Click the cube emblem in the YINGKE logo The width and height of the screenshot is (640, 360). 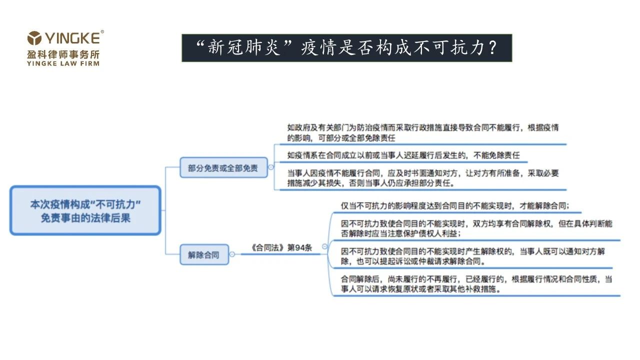(x=34, y=38)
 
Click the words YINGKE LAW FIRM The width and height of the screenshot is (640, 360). (x=63, y=63)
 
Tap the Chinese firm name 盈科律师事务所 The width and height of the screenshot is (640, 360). (x=63, y=54)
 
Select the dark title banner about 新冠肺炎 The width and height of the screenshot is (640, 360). (x=346, y=47)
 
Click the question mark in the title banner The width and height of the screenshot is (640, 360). (x=492, y=47)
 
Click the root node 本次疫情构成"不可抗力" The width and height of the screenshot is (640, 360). (x=85, y=210)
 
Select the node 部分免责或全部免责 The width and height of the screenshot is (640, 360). (x=223, y=167)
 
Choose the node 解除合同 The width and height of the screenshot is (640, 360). (x=204, y=254)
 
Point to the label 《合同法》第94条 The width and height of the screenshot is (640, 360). (x=281, y=247)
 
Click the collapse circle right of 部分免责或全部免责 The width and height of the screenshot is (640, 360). (x=271, y=167)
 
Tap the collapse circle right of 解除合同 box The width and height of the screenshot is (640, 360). (x=232, y=254)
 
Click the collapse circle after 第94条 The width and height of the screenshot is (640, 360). (x=324, y=246)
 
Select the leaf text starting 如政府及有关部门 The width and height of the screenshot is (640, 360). (x=423, y=133)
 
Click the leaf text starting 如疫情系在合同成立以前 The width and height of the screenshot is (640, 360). (x=403, y=155)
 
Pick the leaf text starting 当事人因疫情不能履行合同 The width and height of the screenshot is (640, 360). (x=423, y=178)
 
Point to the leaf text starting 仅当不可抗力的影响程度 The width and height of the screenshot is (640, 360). (x=455, y=205)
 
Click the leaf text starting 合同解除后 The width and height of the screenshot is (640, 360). (x=476, y=283)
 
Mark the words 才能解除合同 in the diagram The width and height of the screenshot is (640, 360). (x=543, y=205)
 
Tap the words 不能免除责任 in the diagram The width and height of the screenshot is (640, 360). (x=496, y=155)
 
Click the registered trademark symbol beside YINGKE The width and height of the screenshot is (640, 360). (x=102, y=31)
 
